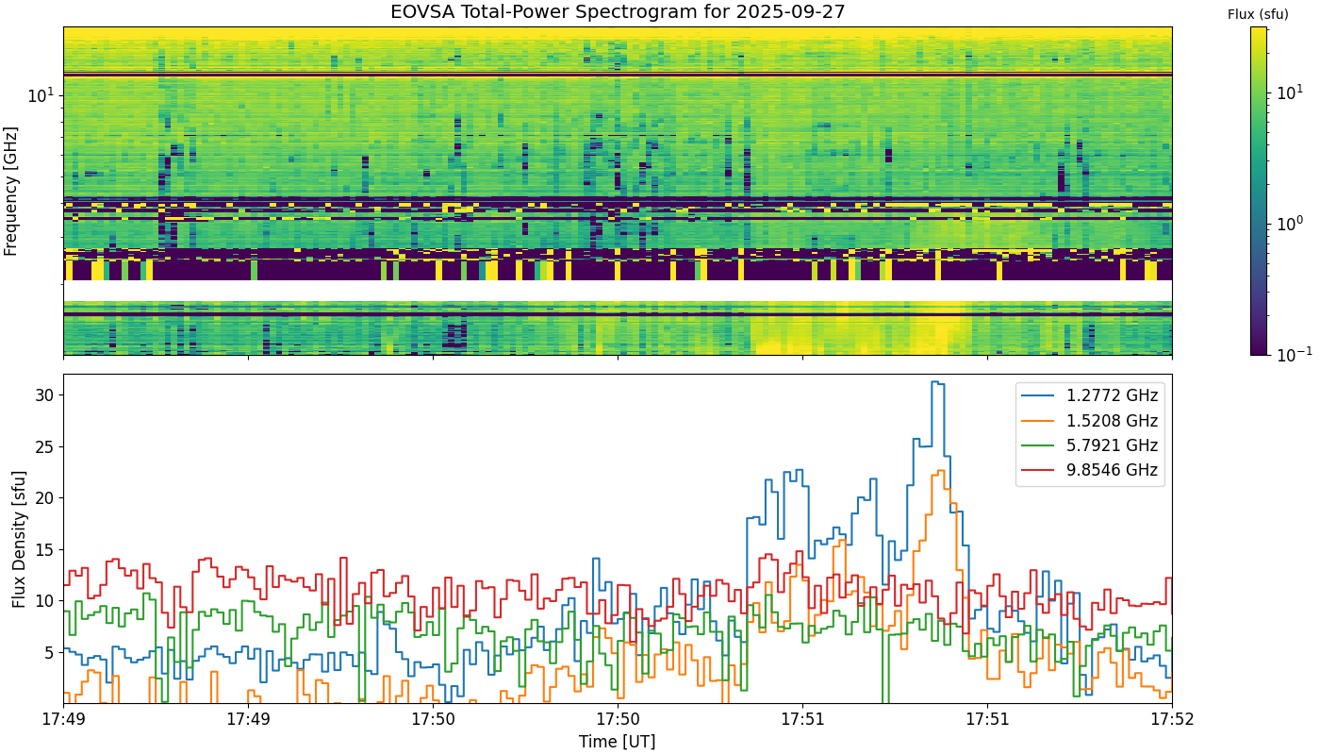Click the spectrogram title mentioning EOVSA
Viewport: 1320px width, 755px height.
[618, 11]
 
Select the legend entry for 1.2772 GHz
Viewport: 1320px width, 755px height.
[1090, 395]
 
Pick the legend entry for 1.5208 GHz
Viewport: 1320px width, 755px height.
[1090, 420]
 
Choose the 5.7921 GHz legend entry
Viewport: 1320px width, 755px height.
[1090, 445]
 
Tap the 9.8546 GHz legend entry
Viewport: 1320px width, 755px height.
[1090, 470]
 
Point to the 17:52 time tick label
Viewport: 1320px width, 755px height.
[1172, 719]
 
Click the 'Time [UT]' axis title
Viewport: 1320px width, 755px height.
[617, 742]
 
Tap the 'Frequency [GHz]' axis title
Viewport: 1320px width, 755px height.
[10, 191]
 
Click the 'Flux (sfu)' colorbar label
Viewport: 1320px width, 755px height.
[1258, 15]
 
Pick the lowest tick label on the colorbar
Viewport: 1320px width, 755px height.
[1294, 353]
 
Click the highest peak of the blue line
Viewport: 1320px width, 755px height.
[937, 382]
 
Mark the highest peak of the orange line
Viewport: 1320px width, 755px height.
[941, 471]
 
